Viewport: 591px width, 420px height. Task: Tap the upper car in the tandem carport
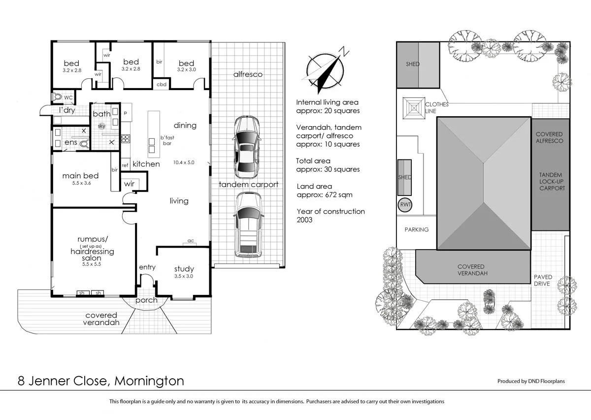point(247,147)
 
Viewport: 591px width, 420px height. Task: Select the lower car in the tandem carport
point(248,225)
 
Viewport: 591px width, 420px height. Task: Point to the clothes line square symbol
point(413,108)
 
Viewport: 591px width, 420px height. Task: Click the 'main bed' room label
point(80,176)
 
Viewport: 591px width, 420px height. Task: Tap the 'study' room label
point(184,269)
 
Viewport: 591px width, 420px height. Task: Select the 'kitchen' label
point(146,164)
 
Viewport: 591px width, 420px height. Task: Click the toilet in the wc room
point(58,97)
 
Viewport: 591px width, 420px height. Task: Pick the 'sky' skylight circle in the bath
point(102,126)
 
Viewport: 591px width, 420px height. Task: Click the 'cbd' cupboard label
point(162,85)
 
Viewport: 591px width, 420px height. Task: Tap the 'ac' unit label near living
point(191,241)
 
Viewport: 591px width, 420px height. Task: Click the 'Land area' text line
point(314,187)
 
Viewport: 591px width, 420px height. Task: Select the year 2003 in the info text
point(304,220)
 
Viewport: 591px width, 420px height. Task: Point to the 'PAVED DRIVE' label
point(543,280)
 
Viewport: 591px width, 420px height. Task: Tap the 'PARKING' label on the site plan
point(416,229)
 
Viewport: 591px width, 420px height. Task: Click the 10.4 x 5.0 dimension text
point(184,162)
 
